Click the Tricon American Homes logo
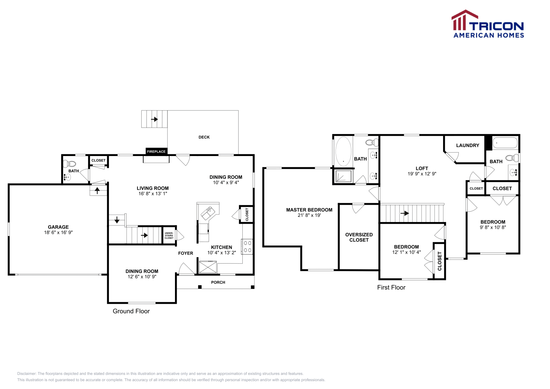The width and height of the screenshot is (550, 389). tap(488, 24)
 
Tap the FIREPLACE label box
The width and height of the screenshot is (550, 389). tap(156, 152)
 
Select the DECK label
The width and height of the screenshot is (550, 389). tap(204, 137)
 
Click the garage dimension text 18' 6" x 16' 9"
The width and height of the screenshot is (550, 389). tap(58, 233)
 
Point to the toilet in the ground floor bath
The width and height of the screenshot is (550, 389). tap(71, 164)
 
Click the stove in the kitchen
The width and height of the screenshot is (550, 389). tap(247, 246)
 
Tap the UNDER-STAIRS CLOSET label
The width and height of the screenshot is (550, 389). tap(169, 235)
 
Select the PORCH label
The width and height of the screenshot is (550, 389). tap(218, 282)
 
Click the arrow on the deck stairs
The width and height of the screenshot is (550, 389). tap(154, 119)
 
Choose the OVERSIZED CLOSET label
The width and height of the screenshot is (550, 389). tap(359, 237)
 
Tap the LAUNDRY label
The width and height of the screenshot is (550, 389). tap(467, 145)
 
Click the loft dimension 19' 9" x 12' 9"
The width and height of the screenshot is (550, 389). tap(422, 174)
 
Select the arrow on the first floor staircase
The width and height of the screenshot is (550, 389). tap(405, 213)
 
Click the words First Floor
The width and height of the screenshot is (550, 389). tap(391, 288)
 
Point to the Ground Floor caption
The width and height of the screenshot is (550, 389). tap(131, 311)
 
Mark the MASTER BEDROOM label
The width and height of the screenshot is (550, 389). tap(309, 210)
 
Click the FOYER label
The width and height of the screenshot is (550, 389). tap(186, 253)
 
